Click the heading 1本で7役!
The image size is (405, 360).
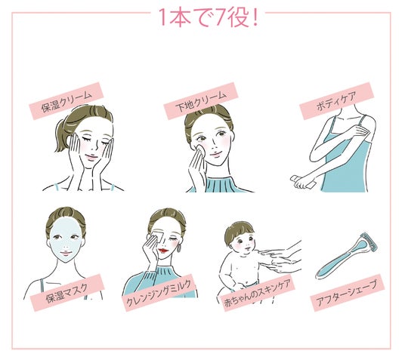[209, 17]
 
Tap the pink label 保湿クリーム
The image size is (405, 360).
[66, 101]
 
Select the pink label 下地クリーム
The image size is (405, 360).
[201, 101]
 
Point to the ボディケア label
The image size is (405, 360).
[336, 101]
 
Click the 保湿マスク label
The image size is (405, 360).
[67, 293]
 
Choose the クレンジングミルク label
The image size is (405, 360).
[159, 293]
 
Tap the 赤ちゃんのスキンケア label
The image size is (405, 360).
[258, 293]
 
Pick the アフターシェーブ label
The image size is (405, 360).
[348, 293]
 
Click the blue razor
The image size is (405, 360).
[346, 256]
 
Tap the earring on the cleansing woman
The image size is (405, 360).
[179, 248]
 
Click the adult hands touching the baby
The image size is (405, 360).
[282, 258]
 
